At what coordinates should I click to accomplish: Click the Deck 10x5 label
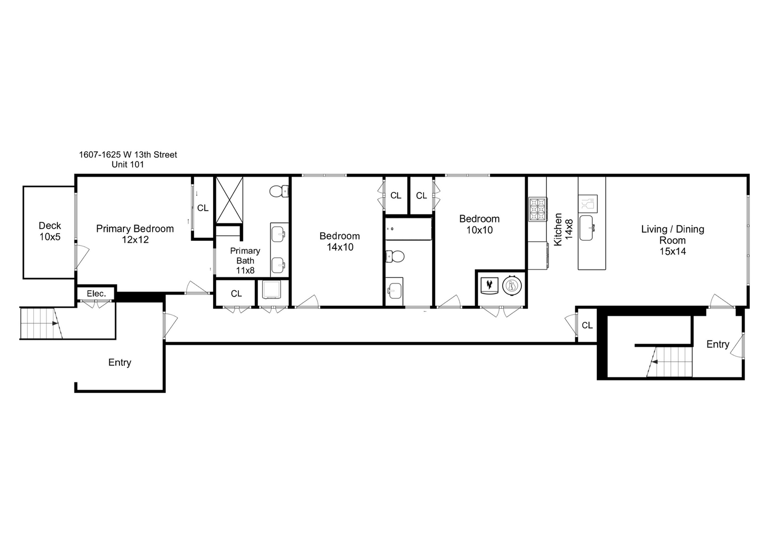coord(50,231)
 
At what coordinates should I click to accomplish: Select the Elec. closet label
coord(96,294)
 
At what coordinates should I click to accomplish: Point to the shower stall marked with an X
coord(229,200)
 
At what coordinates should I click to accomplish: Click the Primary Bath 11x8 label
coord(245,260)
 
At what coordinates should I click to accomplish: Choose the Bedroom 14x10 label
coord(340,241)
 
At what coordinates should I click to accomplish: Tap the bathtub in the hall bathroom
coord(408,229)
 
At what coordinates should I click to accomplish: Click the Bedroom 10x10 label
coord(479,224)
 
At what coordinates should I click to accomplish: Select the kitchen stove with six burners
coord(537,209)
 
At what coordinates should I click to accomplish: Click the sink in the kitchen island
coord(586,228)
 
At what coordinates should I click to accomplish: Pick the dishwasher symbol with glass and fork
coord(588,204)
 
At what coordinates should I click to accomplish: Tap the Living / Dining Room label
coord(673,240)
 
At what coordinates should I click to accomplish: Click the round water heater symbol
coord(512,286)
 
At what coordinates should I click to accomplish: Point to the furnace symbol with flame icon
coord(488,286)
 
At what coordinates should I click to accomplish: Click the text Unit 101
coord(127,164)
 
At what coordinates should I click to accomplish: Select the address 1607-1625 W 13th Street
coord(128,155)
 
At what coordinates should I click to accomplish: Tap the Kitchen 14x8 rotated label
coord(563,229)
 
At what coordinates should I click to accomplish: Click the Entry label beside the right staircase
coord(718,344)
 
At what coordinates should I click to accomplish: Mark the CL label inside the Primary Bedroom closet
coord(202,208)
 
